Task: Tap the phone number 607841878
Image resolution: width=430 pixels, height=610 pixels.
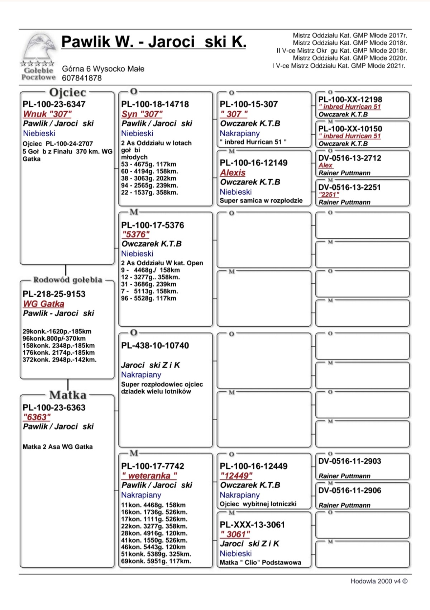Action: pyautogui.click(x=82, y=78)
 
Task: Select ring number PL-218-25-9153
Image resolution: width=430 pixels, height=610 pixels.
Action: pyautogui.click(x=54, y=294)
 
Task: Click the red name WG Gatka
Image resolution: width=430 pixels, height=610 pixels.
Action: pyautogui.click(x=44, y=304)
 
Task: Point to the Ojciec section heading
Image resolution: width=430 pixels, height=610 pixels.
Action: pyautogui.click(x=67, y=93)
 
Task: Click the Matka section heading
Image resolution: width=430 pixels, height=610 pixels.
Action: pyautogui.click(x=68, y=395)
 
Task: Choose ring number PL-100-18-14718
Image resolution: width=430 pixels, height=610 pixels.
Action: pyautogui.click(x=155, y=104)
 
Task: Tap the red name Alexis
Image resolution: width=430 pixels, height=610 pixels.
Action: pyautogui.click(x=233, y=172)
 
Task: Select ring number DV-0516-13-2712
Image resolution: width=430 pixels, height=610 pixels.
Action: pyautogui.click(x=349, y=158)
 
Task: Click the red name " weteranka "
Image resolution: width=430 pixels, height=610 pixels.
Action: pyautogui.click(x=149, y=476)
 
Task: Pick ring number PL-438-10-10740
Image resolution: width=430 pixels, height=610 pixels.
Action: pyautogui.click(x=155, y=346)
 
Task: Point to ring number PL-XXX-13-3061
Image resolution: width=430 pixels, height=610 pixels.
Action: pyautogui.click(x=252, y=525)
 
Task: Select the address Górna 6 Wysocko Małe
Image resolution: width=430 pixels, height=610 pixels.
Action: pyautogui.click(x=103, y=69)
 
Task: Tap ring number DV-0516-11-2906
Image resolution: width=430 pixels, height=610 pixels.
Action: pyautogui.click(x=349, y=490)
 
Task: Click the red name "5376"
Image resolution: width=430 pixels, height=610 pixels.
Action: pyautogui.click(x=135, y=235)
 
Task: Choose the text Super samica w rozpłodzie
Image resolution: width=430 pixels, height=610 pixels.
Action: pyautogui.click(x=261, y=200)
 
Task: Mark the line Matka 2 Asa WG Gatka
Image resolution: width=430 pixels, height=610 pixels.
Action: pyautogui.click(x=58, y=447)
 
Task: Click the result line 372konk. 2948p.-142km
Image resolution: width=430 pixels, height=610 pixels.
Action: pyautogui.click(x=59, y=360)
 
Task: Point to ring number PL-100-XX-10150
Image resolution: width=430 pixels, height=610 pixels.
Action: pyautogui.click(x=350, y=129)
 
